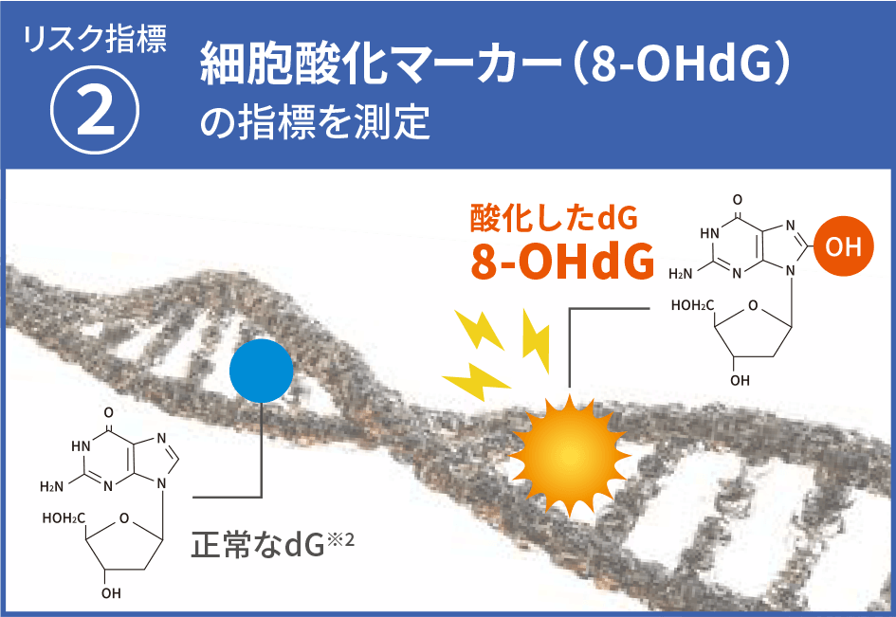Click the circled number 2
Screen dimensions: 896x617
[95, 110]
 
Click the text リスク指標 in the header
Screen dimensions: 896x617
[95, 39]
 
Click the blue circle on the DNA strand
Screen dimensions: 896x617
[261, 371]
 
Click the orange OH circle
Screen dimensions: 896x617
[844, 246]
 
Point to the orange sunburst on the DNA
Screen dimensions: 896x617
[570, 455]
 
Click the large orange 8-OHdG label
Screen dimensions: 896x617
[562, 262]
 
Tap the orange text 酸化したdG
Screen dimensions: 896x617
[554, 218]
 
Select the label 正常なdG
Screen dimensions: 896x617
[258, 544]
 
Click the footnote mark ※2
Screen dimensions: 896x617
[340, 539]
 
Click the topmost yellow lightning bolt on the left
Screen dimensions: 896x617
[480, 330]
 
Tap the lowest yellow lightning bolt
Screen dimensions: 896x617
[475, 381]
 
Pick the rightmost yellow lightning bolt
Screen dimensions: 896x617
[537, 341]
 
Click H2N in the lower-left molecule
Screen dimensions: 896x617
[51, 487]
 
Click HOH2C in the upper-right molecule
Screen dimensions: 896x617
[692, 305]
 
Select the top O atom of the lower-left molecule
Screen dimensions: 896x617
[109, 412]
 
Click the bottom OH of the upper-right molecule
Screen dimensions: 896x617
[740, 380]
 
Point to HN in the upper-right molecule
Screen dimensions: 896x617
[709, 233]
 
